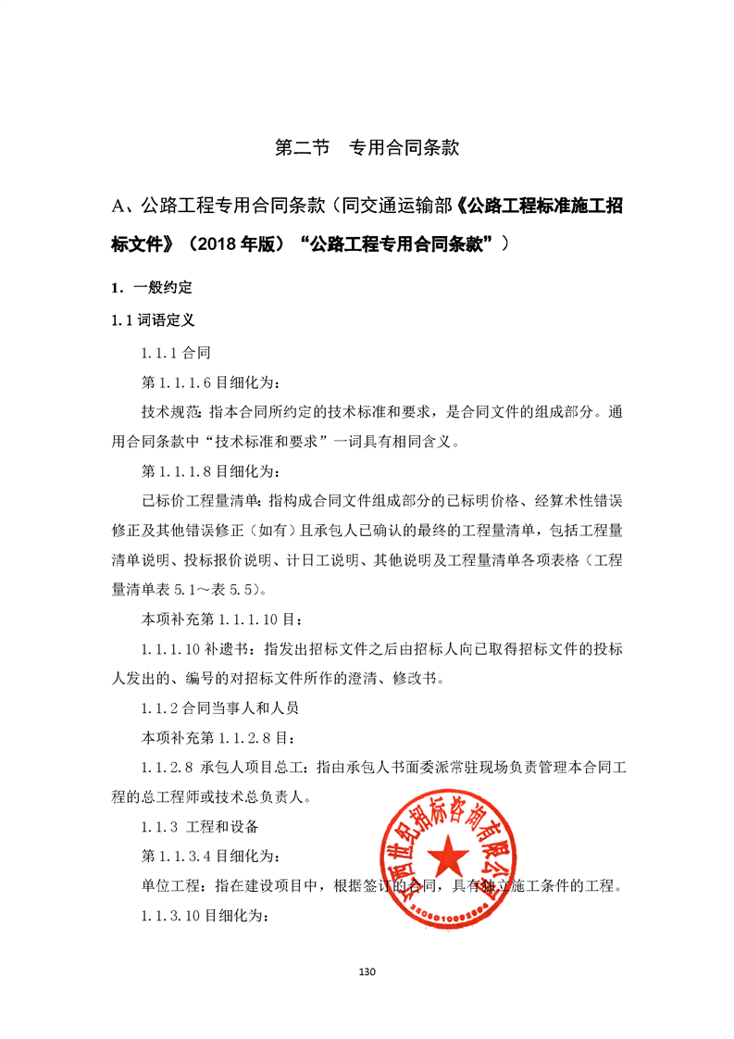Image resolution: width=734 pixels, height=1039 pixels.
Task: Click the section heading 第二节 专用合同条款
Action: point(367,148)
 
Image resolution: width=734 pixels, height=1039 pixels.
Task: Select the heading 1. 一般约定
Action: point(152,287)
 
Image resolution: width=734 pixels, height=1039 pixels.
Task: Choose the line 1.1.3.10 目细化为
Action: point(205,916)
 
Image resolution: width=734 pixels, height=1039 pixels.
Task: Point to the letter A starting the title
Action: point(118,206)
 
